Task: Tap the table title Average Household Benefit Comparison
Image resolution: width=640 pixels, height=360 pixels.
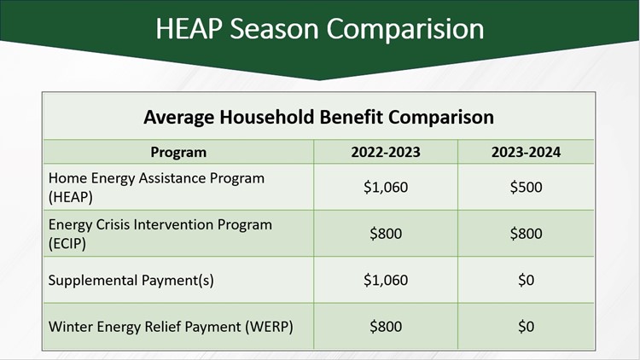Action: pyautogui.click(x=318, y=117)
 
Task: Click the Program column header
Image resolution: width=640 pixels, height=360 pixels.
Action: pyautogui.click(x=178, y=153)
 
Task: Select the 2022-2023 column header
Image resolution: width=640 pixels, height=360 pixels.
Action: pyautogui.click(x=385, y=153)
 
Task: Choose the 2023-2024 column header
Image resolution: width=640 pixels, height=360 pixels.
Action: pyautogui.click(x=526, y=153)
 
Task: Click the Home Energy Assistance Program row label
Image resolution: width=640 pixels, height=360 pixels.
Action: pyautogui.click(x=156, y=178)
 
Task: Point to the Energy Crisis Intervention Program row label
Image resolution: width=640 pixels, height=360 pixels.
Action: pyautogui.click(x=160, y=225)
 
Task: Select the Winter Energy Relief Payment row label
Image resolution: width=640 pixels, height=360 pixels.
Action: pyautogui.click(x=171, y=326)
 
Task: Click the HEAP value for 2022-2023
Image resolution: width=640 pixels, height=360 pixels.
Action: pyautogui.click(x=385, y=187)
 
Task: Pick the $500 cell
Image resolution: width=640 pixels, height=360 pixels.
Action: pyautogui.click(x=526, y=187)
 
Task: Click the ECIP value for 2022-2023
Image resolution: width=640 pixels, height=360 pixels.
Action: pyautogui.click(x=385, y=234)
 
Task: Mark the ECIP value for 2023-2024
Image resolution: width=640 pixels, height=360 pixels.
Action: pyautogui.click(x=526, y=234)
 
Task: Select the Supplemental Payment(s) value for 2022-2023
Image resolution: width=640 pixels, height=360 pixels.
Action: pyautogui.click(x=385, y=280)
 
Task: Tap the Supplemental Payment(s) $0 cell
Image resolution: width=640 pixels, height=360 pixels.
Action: pyautogui.click(x=526, y=280)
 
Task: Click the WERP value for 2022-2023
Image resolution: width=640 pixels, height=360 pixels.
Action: pyautogui.click(x=385, y=326)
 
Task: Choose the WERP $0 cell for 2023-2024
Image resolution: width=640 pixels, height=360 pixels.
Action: pyautogui.click(x=526, y=326)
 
